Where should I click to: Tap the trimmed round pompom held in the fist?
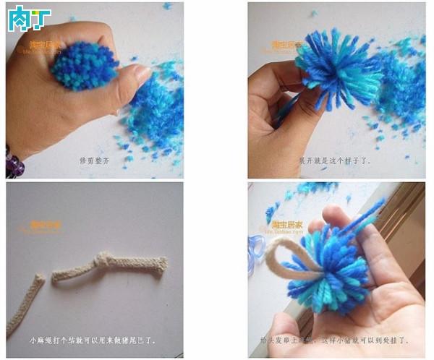tap(85, 64)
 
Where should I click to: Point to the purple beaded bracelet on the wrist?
tap(14, 162)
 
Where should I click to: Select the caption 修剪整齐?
tap(94, 160)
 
